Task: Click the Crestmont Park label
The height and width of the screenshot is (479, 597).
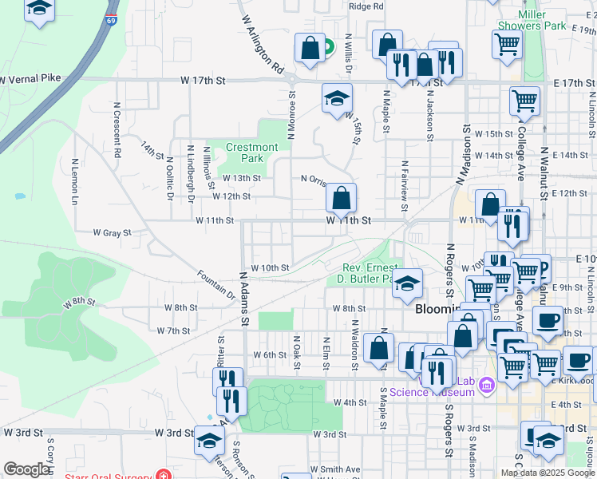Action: click(x=252, y=152)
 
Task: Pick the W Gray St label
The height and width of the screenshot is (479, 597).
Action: click(x=111, y=233)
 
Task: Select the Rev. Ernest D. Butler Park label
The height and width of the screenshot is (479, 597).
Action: click(x=368, y=273)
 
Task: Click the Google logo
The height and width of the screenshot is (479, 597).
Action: click(x=26, y=469)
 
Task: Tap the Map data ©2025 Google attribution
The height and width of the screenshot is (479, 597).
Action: click(x=548, y=473)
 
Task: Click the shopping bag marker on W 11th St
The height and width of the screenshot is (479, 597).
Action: click(x=341, y=198)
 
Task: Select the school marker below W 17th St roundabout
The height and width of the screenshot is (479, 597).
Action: click(x=337, y=98)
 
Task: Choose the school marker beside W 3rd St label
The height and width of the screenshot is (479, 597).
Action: click(x=210, y=440)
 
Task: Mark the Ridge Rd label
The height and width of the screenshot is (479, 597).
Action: click(x=366, y=6)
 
